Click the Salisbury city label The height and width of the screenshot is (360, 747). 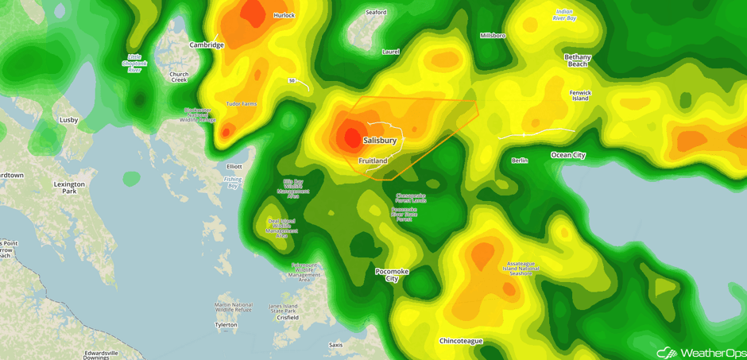[x=379, y=141]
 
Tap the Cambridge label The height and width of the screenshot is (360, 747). [x=207, y=45]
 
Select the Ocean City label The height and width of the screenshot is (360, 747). [x=567, y=155]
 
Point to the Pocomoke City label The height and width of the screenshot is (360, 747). [x=392, y=275]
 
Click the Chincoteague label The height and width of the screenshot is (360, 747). [x=461, y=341]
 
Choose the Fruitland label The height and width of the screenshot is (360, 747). [x=373, y=161]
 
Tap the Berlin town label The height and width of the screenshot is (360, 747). [x=519, y=161]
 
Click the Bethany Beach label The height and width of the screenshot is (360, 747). [x=578, y=60]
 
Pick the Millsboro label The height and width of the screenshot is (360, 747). [x=493, y=36]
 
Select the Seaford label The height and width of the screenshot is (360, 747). [x=376, y=13]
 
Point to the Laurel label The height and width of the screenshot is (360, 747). [x=390, y=52]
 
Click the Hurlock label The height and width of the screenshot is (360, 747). [x=284, y=15]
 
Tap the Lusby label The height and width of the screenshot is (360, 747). [x=69, y=120]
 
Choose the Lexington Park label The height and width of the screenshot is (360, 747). [x=69, y=188]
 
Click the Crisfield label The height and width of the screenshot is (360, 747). [x=288, y=317]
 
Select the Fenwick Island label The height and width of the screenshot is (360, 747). [x=580, y=95]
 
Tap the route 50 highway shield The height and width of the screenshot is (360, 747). [x=292, y=80]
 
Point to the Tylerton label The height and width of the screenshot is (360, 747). [x=226, y=325]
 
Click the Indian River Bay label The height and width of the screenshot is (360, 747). [x=565, y=14]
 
